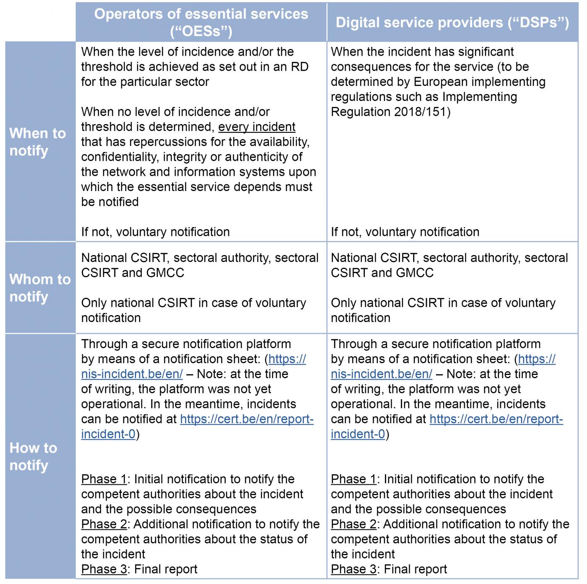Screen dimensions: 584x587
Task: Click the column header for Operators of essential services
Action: click(x=201, y=22)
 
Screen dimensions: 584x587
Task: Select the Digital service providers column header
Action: click(x=452, y=22)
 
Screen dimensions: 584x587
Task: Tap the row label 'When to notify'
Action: click(x=38, y=142)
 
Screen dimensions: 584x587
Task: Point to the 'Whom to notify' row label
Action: click(x=40, y=287)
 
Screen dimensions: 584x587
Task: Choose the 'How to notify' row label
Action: click(x=33, y=456)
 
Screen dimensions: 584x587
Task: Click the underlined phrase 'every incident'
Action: click(x=257, y=127)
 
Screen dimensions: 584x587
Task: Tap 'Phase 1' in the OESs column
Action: click(x=104, y=479)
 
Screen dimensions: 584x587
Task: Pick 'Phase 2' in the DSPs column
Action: click(x=353, y=524)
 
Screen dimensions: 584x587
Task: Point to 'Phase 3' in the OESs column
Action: click(x=104, y=569)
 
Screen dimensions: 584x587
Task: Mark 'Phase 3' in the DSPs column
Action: click(x=353, y=569)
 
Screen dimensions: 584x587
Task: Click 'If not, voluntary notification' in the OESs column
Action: click(x=155, y=232)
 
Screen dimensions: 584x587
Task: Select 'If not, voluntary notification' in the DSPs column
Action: click(x=405, y=232)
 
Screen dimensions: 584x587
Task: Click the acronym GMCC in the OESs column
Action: click(x=165, y=273)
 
